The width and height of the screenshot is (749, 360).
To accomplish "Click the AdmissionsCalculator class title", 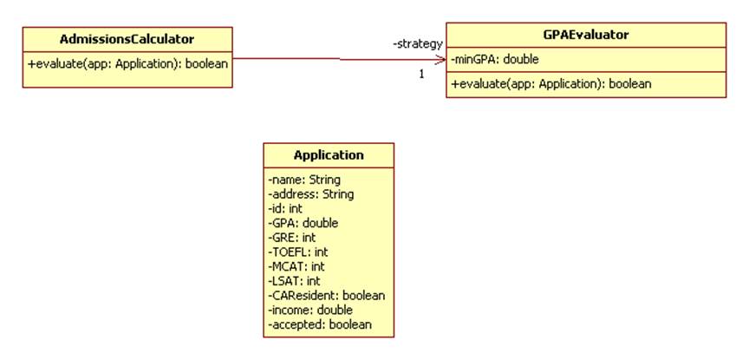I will coord(127,39).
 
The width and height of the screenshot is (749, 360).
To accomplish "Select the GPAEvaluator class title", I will coord(585,35).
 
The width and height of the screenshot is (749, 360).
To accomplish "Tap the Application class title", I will coord(329,155).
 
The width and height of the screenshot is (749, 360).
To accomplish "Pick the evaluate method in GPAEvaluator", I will coord(551,84).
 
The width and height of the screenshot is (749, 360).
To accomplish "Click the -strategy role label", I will coord(418,43).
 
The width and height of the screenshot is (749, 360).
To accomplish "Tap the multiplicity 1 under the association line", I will coord(422,74).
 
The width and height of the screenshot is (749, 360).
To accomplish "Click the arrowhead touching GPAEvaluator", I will coord(440,60).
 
